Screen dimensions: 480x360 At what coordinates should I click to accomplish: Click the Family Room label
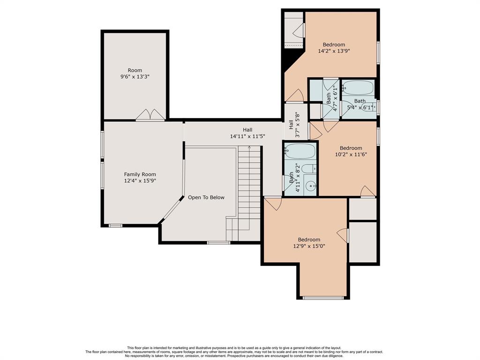point(140,174)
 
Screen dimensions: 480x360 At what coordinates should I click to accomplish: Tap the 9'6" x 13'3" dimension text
point(135,76)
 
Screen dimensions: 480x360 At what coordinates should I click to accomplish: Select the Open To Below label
point(206,197)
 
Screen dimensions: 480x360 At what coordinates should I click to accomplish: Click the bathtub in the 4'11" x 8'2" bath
point(300,151)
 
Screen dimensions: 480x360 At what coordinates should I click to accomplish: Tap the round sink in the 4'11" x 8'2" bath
point(311,186)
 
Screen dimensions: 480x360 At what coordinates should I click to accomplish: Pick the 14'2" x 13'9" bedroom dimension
point(334,51)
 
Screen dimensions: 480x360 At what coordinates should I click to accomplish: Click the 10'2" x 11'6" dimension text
point(351,154)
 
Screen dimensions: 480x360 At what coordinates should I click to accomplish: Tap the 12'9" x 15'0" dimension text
point(309,246)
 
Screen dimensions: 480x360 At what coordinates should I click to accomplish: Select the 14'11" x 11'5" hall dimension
point(247,136)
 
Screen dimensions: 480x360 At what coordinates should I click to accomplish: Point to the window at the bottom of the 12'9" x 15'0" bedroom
point(323,298)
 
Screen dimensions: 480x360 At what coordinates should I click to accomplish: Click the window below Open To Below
point(218,243)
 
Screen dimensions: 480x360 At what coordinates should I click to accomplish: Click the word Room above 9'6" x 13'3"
point(135,70)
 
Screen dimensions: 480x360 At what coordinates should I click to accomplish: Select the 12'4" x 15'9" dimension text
point(140,180)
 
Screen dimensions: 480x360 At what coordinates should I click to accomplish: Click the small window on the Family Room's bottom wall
point(116,226)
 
